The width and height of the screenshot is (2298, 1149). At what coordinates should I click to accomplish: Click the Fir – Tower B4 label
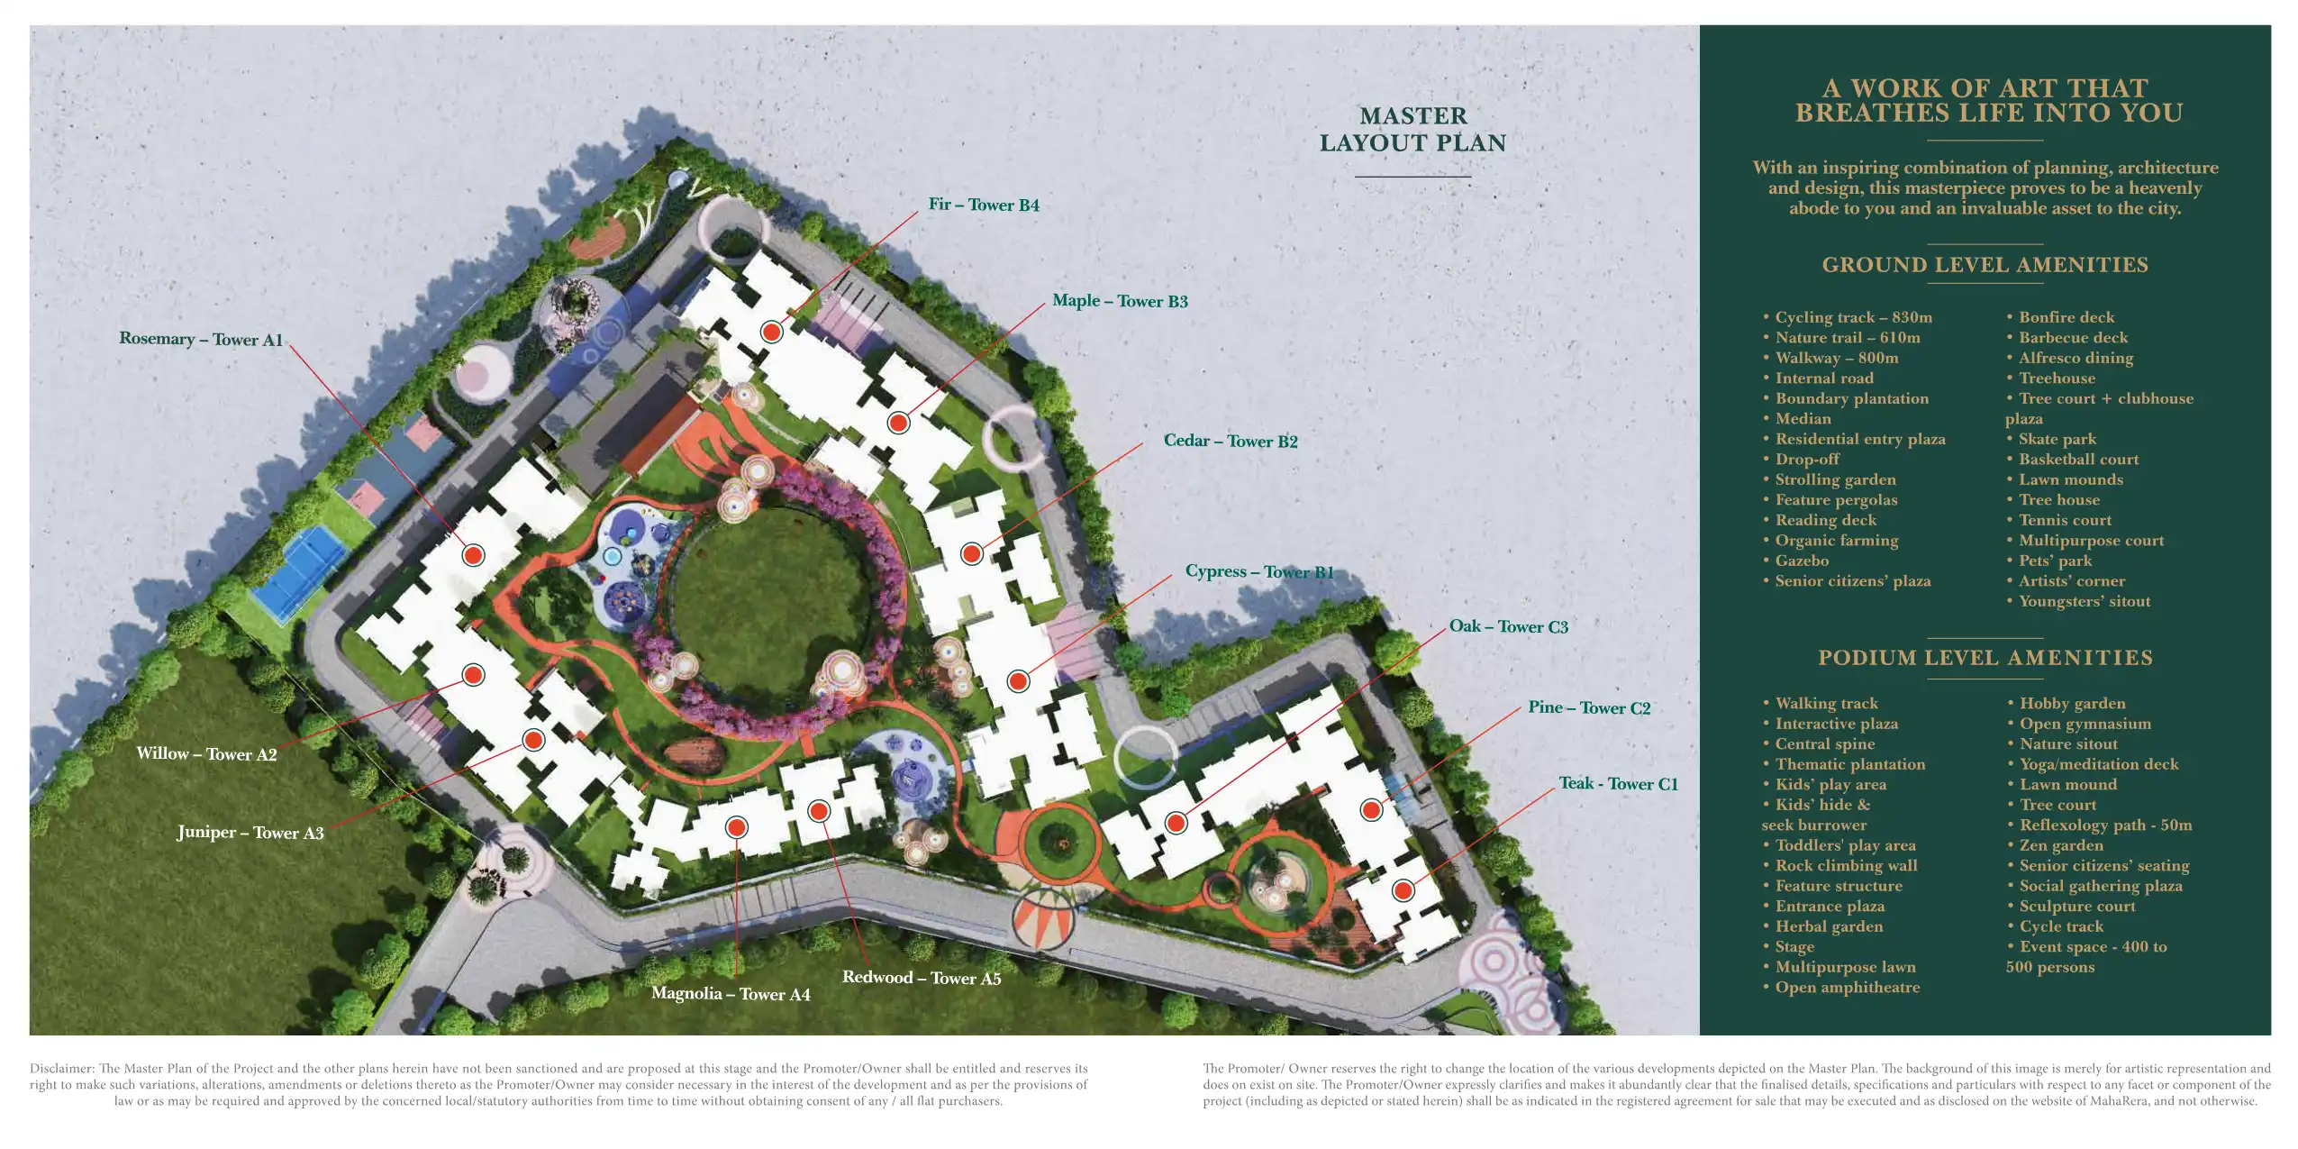click(x=984, y=205)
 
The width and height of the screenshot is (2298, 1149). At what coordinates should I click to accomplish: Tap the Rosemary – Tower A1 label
click(x=201, y=339)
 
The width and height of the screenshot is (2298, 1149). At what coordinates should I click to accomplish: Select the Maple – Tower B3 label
click(x=1120, y=301)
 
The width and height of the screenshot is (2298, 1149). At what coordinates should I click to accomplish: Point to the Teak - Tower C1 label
click(x=1618, y=784)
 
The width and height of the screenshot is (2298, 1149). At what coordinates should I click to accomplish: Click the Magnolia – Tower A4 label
click(x=731, y=994)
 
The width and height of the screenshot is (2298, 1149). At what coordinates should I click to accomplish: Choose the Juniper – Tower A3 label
click(x=250, y=833)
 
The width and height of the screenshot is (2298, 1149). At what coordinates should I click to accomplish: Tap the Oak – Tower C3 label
click(x=1508, y=626)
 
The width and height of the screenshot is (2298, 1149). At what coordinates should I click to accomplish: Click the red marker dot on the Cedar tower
click(x=971, y=553)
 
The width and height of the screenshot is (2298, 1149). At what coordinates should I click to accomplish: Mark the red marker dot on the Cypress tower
click(x=1018, y=680)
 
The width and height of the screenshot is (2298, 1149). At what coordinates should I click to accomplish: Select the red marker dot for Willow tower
click(x=473, y=674)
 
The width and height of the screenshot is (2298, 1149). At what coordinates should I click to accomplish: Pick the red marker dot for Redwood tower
click(x=819, y=811)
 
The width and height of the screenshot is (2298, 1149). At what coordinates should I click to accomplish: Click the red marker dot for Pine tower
click(x=1371, y=809)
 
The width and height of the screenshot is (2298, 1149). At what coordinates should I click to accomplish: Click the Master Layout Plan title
click(x=1412, y=130)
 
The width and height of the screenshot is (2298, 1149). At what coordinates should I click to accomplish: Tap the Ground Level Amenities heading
click(x=1985, y=265)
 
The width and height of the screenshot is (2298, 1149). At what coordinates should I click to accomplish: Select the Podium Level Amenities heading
click(x=1985, y=658)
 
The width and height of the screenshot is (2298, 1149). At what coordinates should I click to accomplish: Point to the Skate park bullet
click(x=2057, y=439)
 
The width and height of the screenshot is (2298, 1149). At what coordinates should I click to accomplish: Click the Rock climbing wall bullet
click(x=1846, y=865)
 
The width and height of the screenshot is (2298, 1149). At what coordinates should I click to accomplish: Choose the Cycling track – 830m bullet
click(x=1853, y=317)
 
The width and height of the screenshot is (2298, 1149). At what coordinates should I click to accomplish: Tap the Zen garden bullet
click(x=2060, y=845)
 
